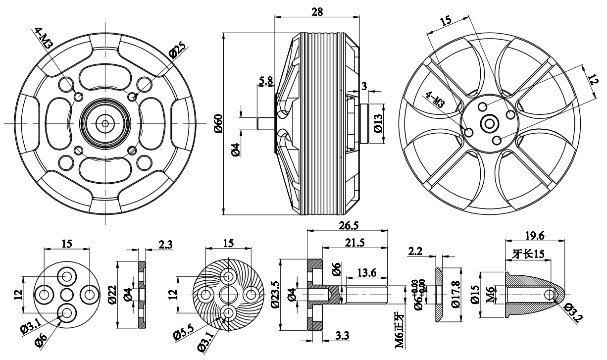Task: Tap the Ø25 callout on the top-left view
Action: point(177,51)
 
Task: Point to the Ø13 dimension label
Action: point(378,124)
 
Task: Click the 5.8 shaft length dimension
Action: point(266,80)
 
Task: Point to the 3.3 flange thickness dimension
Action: point(341,336)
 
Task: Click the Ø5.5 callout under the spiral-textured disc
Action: point(184,334)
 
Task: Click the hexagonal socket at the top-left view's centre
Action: point(105,123)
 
